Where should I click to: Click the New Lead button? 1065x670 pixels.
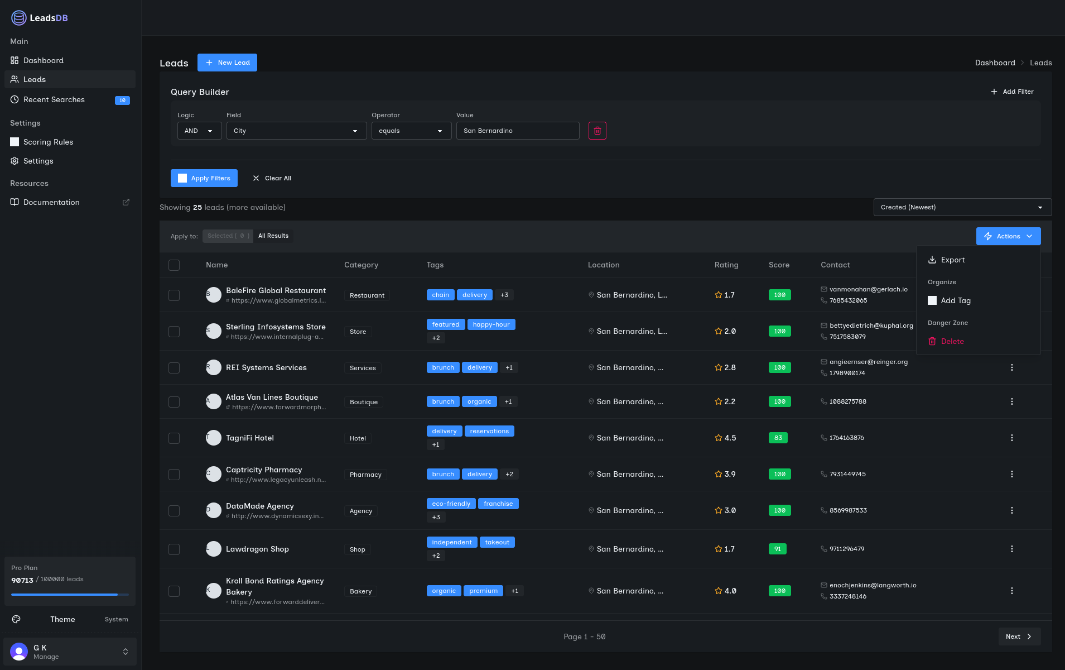coord(227,63)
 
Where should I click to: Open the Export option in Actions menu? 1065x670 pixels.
coord(952,260)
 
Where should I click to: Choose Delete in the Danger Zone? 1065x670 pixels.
coord(952,341)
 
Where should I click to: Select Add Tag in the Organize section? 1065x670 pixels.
coord(955,300)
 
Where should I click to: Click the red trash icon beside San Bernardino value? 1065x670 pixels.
coord(597,131)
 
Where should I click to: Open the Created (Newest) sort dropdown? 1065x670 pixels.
coord(962,207)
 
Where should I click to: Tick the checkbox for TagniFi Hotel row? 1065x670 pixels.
coord(174,438)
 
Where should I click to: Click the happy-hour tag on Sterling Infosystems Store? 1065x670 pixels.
coord(491,324)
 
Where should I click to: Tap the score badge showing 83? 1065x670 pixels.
coord(778,438)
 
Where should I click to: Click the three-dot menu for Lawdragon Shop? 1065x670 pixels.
coord(1011,549)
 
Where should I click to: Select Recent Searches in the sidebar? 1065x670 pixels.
coord(54,99)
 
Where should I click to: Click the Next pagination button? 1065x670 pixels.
coord(1019,636)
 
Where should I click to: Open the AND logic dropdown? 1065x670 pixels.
coord(199,131)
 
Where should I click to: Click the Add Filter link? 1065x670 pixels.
coord(1012,92)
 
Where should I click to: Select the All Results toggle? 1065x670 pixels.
coord(273,236)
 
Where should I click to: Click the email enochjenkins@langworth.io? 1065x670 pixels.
coord(873,585)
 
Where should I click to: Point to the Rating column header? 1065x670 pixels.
coord(726,265)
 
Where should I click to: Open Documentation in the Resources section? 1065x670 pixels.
coord(51,202)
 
